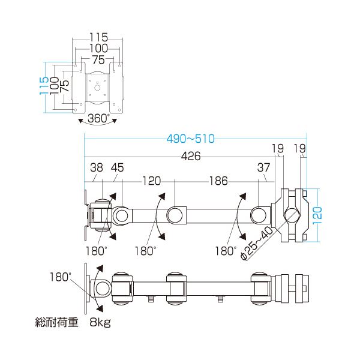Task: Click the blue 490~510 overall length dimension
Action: point(191,139)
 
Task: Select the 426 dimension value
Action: point(191,156)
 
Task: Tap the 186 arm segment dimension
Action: point(218,181)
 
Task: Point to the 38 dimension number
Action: point(97,167)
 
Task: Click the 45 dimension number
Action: point(118,167)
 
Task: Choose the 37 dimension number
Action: point(263,167)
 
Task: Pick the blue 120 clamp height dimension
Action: point(317,215)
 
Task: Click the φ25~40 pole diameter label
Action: point(256,244)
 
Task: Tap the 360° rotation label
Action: point(98,118)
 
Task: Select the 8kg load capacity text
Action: point(100,322)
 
